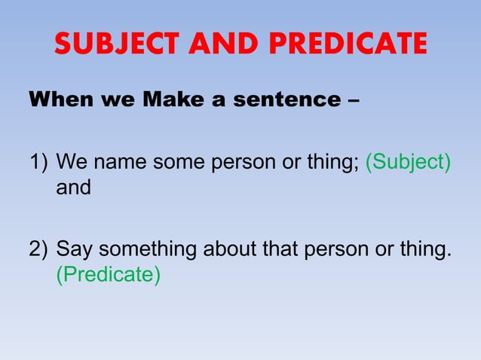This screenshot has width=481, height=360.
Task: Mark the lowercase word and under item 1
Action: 73,188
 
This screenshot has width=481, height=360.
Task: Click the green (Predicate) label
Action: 109,274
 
